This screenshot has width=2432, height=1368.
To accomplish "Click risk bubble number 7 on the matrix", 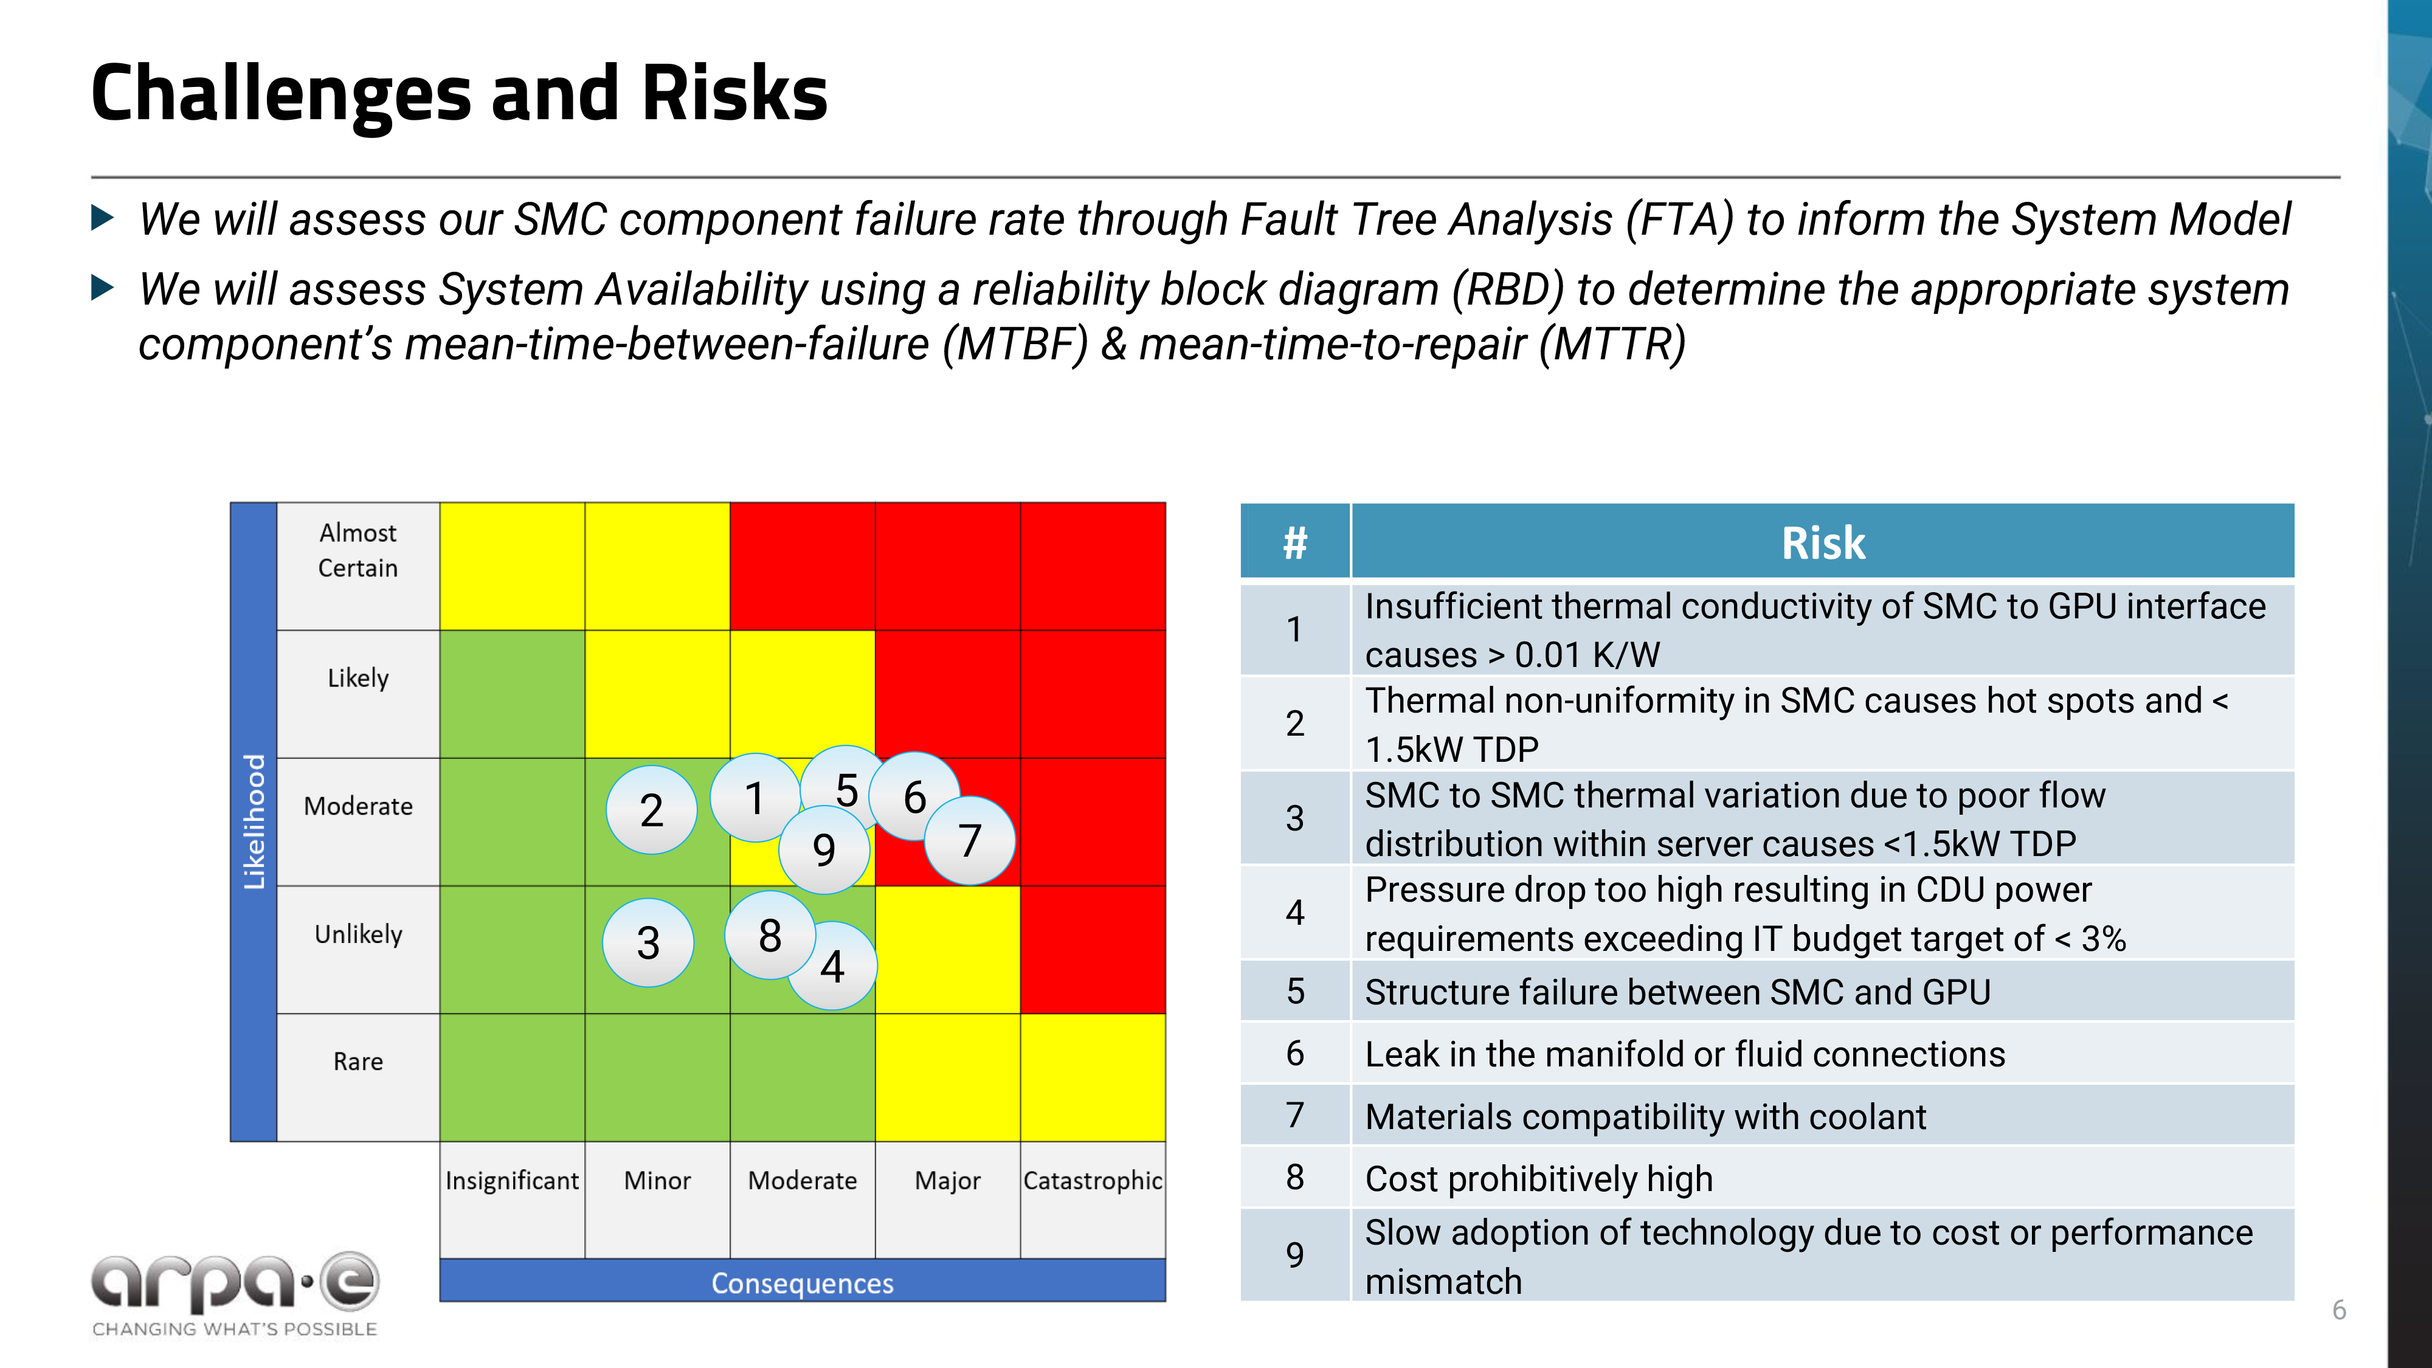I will pos(970,840).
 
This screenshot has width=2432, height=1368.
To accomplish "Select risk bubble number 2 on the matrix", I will pos(651,810).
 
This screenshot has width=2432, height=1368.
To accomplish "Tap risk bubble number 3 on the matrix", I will pos(648,942).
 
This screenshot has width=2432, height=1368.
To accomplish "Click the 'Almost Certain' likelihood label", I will pos(358,550).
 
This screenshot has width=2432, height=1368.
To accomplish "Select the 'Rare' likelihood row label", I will pos(358,1061).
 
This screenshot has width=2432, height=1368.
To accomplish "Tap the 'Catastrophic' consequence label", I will pos(1093,1180).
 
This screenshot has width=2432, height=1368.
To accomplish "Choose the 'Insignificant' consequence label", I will pos(512,1180).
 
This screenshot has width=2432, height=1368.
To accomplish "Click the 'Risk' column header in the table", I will pos(1822,543).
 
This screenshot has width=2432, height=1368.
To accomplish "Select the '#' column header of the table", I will pos(1294,543).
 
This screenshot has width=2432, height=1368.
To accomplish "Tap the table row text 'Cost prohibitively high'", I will pos(1539,1178).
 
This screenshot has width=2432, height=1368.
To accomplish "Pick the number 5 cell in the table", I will pos(1294,991).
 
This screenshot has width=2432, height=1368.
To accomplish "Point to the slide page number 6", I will pos(2338,1310).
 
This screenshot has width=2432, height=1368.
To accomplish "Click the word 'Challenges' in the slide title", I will pos(280,94).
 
